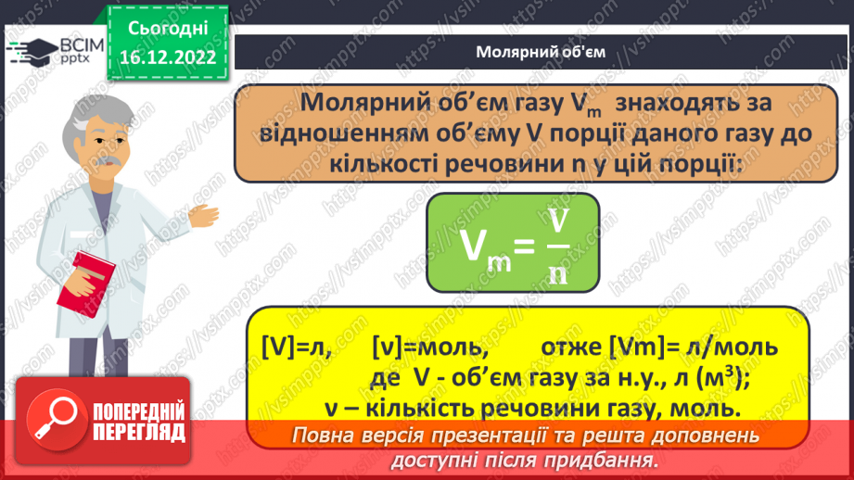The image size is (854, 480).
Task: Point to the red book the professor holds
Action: tap(85, 282)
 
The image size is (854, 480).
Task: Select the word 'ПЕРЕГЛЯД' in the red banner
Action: tap(138, 432)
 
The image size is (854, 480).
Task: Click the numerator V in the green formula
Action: tap(557, 219)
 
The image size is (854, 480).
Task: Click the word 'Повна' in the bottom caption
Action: tap(325, 436)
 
